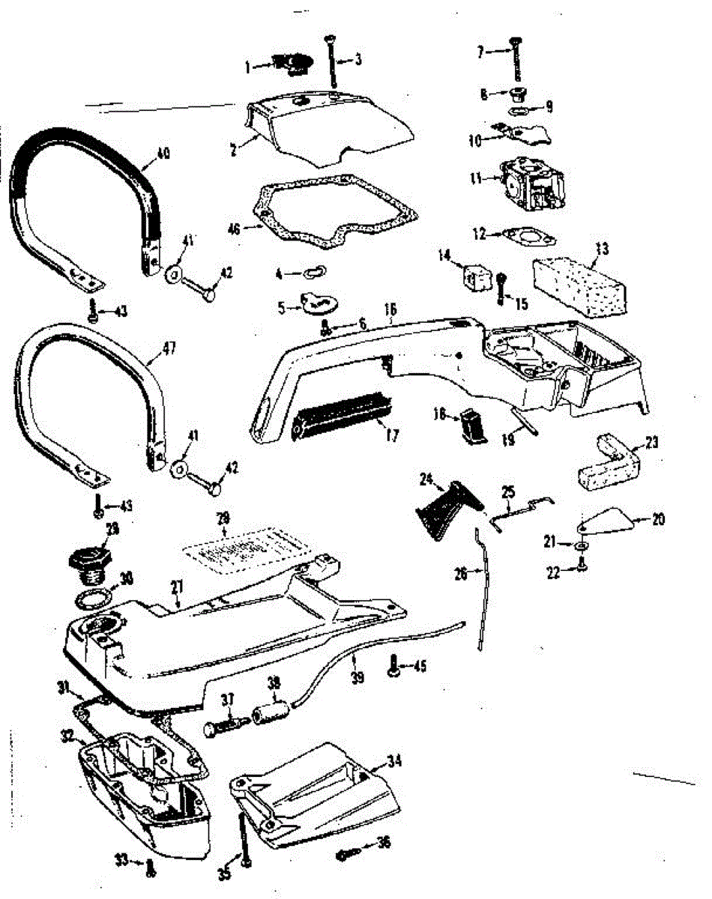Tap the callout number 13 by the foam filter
click(602, 247)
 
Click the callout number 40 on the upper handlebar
click(162, 154)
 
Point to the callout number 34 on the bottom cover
click(394, 761)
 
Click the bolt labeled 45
click(392, 665)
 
